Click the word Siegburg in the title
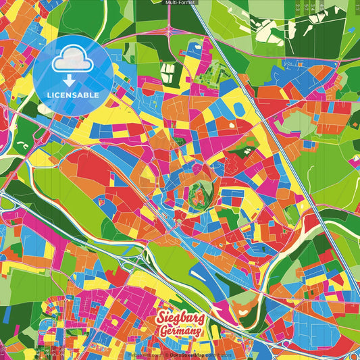(x=180, y=318)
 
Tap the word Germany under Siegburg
(x=180, y=332)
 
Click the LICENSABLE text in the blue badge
(x=72, y=95)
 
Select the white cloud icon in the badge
(x=72, y=61)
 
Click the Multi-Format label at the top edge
(x=180, y=3)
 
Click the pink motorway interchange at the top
(x=167, y=31)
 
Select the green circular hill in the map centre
(x=200, y=194)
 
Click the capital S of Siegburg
(x=161, y=317)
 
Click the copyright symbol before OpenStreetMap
(x=165, y=355)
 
